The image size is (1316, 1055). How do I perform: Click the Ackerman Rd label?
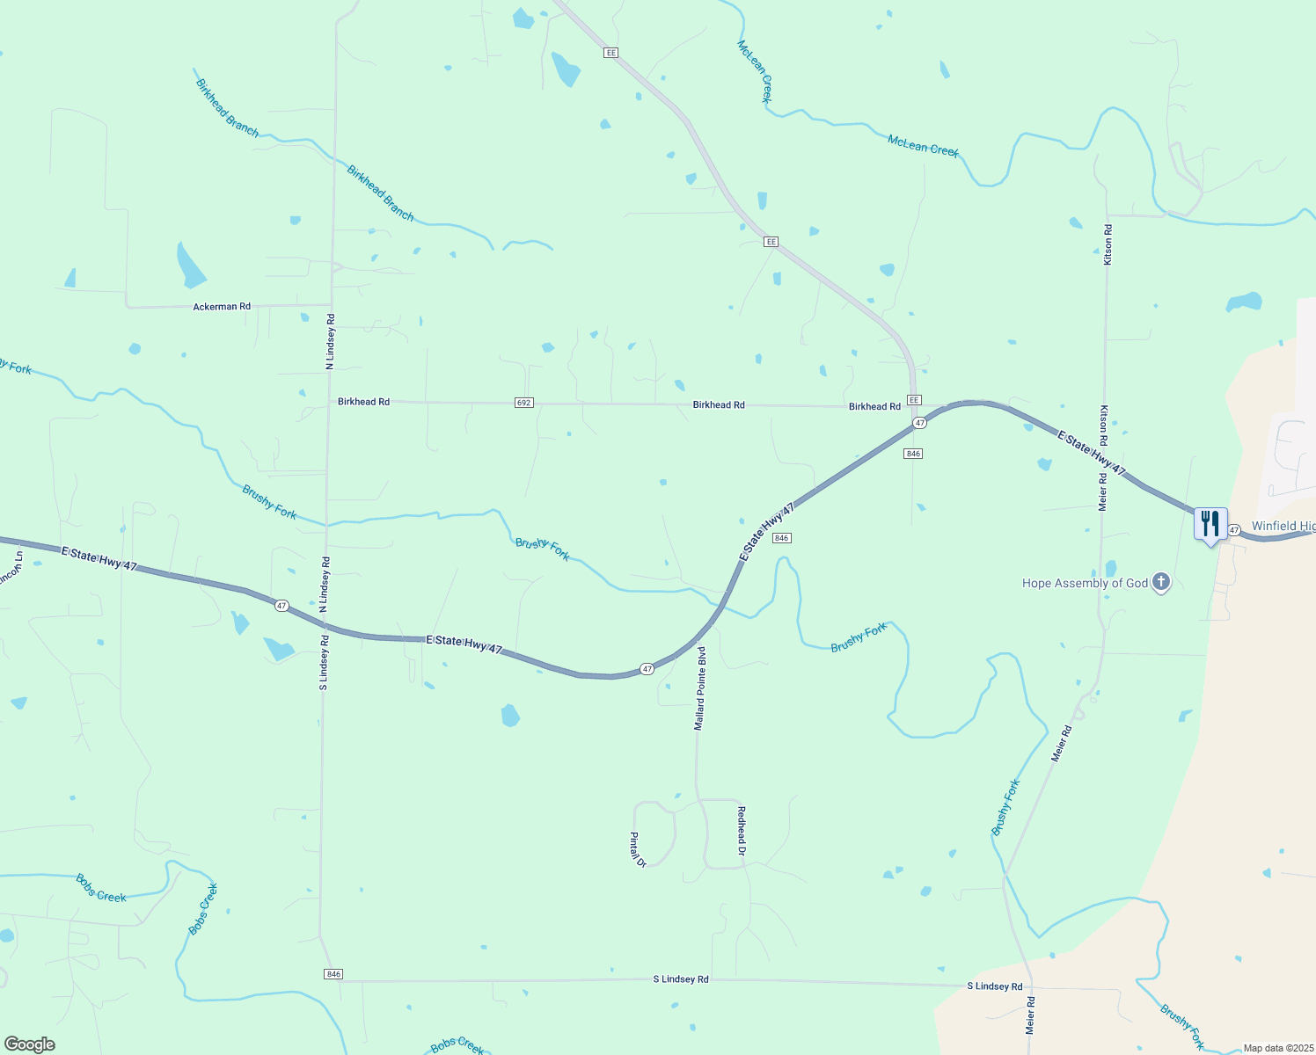coord(222,307)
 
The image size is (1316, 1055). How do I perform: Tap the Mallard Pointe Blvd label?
coord(700,688)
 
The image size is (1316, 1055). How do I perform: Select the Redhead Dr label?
coord(742,831)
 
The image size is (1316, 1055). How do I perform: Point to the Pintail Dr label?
coord(638,850)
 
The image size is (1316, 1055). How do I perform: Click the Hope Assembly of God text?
coord(1085,583)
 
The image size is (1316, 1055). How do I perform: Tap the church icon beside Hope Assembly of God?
coord(1161,582)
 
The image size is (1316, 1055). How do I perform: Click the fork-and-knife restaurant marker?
coord(1210,524)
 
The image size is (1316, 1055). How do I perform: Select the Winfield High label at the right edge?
coord(1283,526)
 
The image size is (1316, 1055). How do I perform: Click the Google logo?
coord(29,1044)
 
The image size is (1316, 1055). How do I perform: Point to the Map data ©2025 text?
coord(1278,1048)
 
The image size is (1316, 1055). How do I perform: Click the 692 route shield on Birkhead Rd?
coord(523,403)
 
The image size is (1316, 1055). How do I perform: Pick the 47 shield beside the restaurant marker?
coord(1234,530)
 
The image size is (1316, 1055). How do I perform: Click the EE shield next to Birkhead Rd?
coord(914,400)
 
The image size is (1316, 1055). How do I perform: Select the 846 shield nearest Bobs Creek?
coord(333,974)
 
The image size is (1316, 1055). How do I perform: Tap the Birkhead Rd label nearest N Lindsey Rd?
coord(363,402)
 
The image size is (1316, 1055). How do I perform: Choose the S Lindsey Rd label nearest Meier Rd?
coord(995,986)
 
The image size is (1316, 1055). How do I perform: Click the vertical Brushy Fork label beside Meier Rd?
coord(1005,807)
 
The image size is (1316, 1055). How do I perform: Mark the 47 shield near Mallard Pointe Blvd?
coord(647,669)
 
